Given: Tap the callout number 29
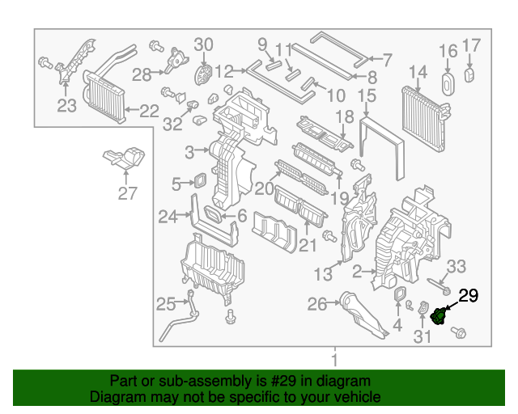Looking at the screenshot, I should pyautogui.click(x=469, y=296).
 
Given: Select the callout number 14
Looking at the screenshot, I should pyautogui.click(x=417, y=74).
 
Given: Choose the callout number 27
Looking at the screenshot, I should pyautogui.click(x=126, y=194).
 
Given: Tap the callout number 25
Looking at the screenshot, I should pyautogui.click(x=166, y=304).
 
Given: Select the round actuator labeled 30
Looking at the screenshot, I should pyautogui.click(x=204, y=76).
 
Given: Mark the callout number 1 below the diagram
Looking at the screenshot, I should pyautogui.click(x=333, y=358).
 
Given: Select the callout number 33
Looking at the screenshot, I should pyautogui.click(x=457, y=266).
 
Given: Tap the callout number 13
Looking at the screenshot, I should pyautogui.click(x=323, y=275).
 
